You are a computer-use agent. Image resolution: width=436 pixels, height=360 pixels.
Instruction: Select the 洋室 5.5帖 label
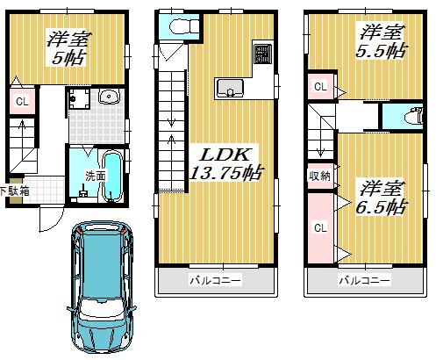click(381, 40)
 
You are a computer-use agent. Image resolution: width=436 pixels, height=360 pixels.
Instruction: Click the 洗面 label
click(94, 176)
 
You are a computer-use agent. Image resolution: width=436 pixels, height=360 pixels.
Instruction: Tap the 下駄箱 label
click(13, 190)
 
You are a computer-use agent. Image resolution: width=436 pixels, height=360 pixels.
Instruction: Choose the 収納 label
click(318, 175)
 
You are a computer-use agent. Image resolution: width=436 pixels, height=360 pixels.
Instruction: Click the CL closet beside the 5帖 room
click(20, 102)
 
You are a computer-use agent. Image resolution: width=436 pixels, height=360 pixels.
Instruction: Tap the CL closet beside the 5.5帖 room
click(320, 87)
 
